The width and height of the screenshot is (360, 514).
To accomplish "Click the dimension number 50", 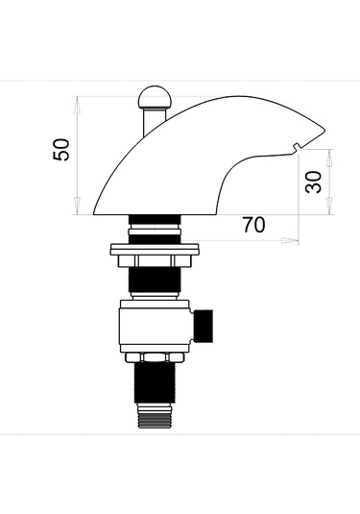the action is [61, 150].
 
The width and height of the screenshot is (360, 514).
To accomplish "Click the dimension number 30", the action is [314, 182].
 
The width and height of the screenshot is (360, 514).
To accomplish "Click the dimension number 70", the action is [253, 225].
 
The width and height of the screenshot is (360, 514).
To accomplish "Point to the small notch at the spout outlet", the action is [297, 147].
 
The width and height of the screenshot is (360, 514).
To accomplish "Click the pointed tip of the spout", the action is [324, 130].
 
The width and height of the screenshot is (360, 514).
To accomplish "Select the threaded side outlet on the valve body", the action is [204, 326].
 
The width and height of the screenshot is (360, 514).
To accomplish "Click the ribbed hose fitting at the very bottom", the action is [155, 416].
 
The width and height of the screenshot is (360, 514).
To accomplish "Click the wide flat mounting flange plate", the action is [155, 250].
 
